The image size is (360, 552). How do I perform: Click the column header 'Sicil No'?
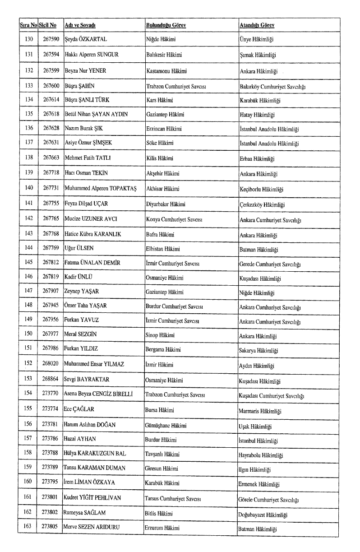coord(47,25)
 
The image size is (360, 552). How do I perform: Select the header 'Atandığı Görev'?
coord(257,25)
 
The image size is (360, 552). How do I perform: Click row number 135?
coord(29,115)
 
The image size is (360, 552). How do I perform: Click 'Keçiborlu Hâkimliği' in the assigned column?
coord(261,190)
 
